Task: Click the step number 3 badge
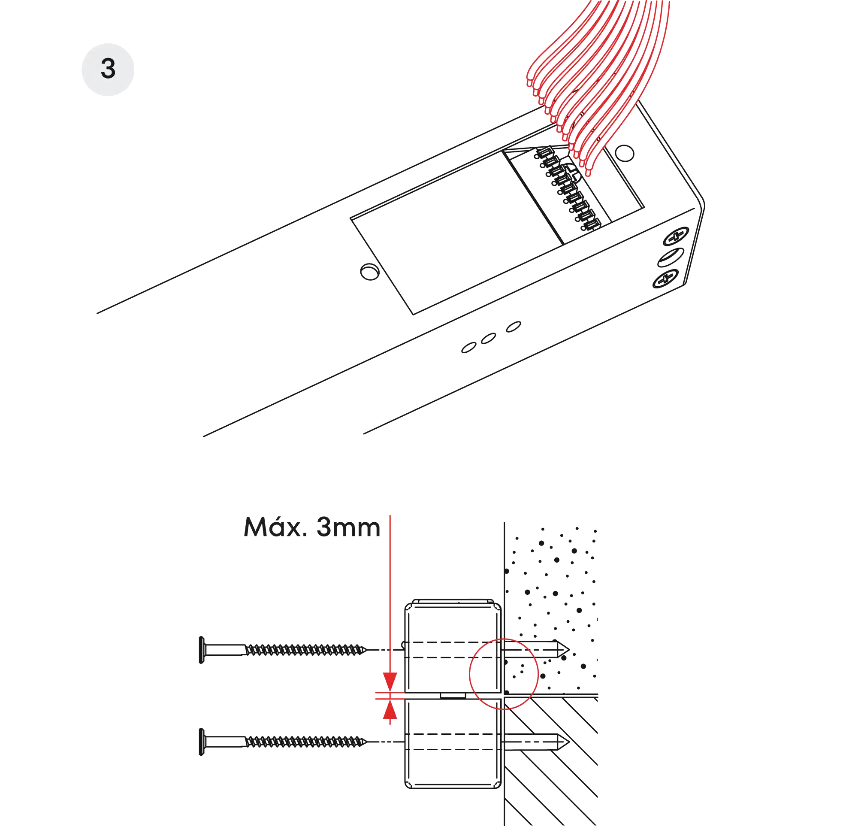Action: (108, 70)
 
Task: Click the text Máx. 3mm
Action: (312, 527)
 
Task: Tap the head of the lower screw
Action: (202, 742)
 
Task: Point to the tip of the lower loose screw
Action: (366, 742)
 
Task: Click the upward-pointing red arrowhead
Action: (390, 709)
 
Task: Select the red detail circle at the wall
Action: (469, 674)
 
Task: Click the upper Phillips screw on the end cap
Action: (676, 236)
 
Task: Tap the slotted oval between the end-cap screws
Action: (671, 257)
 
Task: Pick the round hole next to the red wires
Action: (624, 153)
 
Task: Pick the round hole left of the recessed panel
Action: (369, 272)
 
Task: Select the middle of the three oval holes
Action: (488, 339)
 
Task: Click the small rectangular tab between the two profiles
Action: (453, 696)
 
